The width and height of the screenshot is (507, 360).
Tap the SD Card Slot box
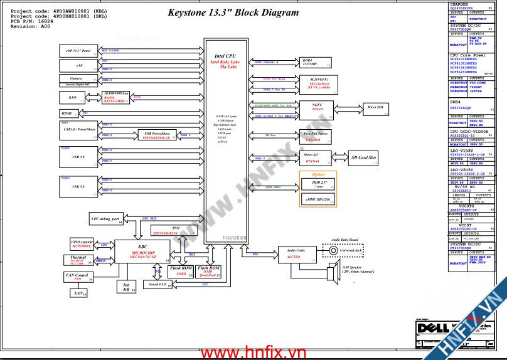pos(363,158)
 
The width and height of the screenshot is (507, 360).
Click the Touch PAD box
pos(157,284)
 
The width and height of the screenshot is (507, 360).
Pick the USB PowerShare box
pos(157,135)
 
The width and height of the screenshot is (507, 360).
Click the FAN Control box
pos(77,276)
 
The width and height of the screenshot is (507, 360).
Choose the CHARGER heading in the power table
pos(459,4)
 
